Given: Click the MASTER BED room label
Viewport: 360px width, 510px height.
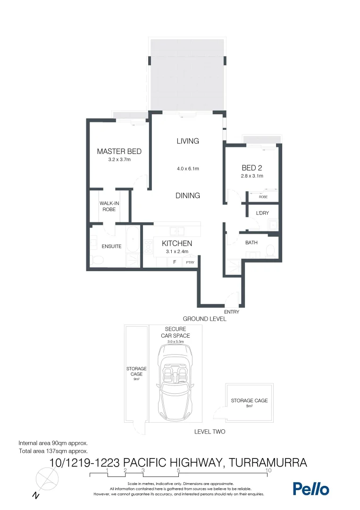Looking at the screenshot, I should click(x=119, y=152).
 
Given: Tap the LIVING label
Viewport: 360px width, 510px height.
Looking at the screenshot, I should click(x=188, y=141).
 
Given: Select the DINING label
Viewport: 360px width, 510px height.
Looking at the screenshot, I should click(x=188, y=195).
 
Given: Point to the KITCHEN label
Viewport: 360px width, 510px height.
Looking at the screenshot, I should click(x=177, y=243).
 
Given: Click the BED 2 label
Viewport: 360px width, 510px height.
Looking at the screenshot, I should click(x=251, y=168).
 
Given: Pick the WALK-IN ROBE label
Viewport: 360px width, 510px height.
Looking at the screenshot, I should click(x=109, y=206).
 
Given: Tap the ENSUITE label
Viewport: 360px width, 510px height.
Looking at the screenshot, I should click(x=111, y=246).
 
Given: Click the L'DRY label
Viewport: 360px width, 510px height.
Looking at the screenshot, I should click(x=262, y=213).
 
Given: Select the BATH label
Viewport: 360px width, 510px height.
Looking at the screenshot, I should click(x=251, y=243).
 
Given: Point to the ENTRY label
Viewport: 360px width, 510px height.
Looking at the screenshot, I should click(x=232, y=312).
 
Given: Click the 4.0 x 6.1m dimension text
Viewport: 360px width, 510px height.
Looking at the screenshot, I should click(x=188, y=169).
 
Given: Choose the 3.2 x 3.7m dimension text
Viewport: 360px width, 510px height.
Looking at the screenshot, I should click(x=119, y=160).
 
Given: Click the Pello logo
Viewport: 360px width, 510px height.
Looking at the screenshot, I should click(x=311, y=489).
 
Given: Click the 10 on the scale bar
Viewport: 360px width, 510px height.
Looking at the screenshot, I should click(x=268, y=470).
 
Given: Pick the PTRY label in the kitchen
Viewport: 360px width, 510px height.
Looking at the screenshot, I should click(x=190, y=262).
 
